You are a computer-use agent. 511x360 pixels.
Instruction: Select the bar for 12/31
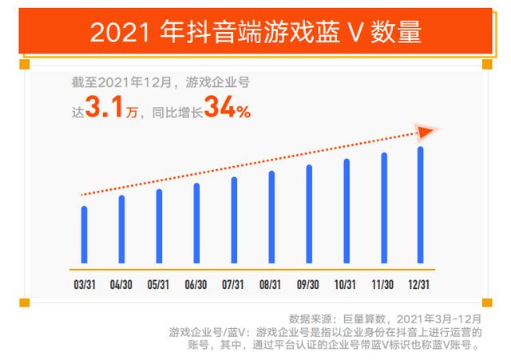[x=421, y=205]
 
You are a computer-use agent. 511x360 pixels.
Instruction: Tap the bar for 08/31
[x=271, y=217]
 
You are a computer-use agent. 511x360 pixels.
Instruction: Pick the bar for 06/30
[x=196, y=224]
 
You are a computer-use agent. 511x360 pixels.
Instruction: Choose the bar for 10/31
[x=347, y=212]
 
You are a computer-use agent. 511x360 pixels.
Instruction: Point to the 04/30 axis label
[x=121, y=284]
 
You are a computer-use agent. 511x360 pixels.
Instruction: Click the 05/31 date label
[x=159, y=284]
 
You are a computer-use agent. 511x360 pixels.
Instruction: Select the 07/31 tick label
[x=233, y=284]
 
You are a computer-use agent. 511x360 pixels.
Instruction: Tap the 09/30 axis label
[x=308, y=284]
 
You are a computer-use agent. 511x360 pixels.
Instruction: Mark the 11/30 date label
[x=383, y=284]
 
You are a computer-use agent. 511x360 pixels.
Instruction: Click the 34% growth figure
[x=228, y=108]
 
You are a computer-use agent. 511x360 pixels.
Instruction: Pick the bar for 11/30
[x=384, y=208]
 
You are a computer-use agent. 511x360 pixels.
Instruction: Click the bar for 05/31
[x=159, y=227]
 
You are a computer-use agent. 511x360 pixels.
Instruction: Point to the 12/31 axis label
[x=421, y=284]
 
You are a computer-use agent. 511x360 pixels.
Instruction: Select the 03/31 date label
[x=84, y=284]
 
